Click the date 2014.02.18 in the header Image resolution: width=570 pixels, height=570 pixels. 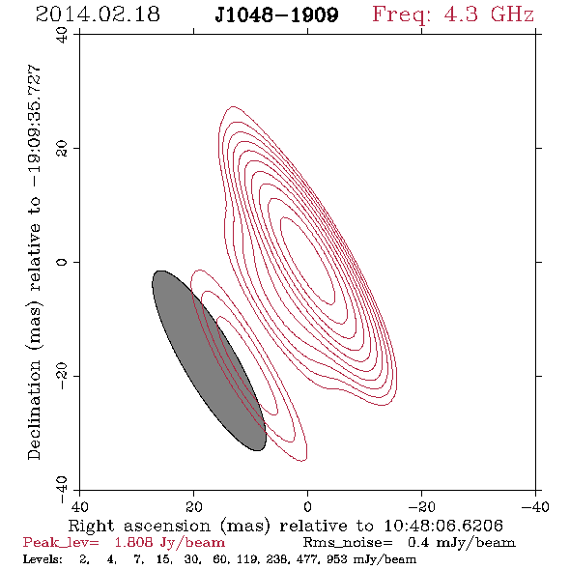pyautogui.click(x=98, y=14)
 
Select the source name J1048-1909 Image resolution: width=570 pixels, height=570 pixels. pyautogui.click(x=276, y=14)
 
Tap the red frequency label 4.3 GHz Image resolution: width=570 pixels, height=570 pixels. pyautogui.click(x=489, y=14)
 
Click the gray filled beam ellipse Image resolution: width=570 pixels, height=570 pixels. pyautogui.click(x=209, y=360)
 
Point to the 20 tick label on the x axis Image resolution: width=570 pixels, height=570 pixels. pyautogui.click(x=193, y=506)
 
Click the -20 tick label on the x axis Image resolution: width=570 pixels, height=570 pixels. pyautogui.click(x=421, y=506)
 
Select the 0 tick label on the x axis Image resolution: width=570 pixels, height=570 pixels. pyautogui.click(x=307, y=506)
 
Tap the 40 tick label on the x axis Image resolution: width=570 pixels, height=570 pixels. pyautogui.click(x=79, y=506)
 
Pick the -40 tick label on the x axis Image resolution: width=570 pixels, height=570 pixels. pyautogui.click(x=535, y=506)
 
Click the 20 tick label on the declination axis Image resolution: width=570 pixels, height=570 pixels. pyautogui.click(x=62, y=149)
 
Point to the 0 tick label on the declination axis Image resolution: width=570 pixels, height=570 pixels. pyautogui.click(x=62, y=262)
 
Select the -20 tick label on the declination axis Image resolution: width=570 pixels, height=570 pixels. pyautogui.click(x=62, y=376)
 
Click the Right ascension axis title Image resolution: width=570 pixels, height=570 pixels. pyautogui.click(x=285, y=526)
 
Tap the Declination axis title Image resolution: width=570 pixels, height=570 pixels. pyautogui.click(x=34, y=262)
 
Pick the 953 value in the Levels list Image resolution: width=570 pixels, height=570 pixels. pyautogui.click(x=337, y=558)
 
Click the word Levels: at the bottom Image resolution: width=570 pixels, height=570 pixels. pyautogui.click(x=43, y=558)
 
